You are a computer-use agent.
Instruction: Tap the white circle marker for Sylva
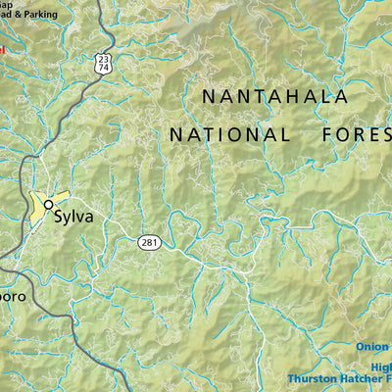[x=48, y=204]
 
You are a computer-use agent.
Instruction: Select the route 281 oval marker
[x=148, y=242]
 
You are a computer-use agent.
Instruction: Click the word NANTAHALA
[x=274, y=96]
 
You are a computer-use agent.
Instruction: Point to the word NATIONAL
[x=229, y=134]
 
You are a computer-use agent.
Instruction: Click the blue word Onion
[x=371, y=346]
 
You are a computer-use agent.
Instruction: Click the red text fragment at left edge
[x=3, y=47]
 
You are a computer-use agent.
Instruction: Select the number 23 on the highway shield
[x=104, y=60]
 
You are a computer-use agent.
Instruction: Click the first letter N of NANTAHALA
[x=209, y=96]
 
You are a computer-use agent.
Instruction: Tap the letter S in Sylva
[x=59, y=217]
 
